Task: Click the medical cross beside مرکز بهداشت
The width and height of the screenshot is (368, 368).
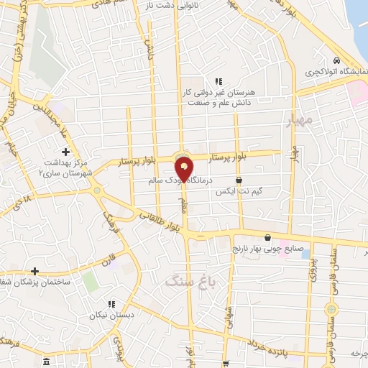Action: click(66, 152)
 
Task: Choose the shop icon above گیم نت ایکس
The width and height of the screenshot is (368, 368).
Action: click(239, 180)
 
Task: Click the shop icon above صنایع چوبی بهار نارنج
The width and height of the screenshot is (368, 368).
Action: click(268, 237)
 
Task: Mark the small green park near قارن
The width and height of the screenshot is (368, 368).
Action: click(90, 280)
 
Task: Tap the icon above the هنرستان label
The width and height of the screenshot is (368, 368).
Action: click(217, 81)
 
